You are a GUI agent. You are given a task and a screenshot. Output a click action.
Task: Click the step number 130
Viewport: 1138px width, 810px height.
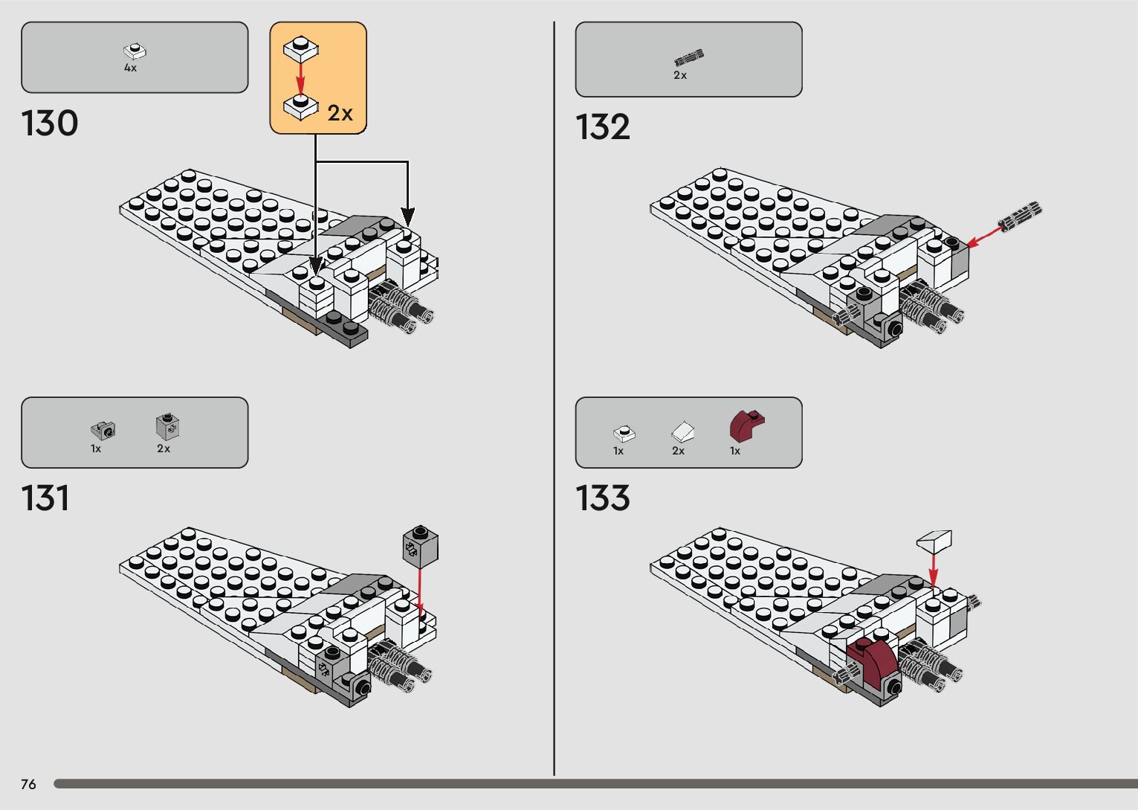coord(50,123)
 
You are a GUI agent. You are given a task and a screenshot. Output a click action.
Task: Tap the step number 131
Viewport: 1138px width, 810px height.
coord(45,498)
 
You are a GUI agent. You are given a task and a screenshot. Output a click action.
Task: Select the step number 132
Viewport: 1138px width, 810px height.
coord(603,127)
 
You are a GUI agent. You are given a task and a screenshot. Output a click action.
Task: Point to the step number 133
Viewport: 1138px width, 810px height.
coord(603,498)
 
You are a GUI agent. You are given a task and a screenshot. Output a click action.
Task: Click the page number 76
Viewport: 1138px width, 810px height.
coord(28,784)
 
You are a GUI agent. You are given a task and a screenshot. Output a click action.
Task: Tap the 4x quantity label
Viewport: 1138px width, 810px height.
coord(130,68)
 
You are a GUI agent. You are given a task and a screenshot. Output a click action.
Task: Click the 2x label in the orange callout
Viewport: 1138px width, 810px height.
coord(340,113)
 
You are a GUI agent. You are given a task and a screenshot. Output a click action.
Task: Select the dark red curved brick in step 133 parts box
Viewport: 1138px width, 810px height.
coord(746,426)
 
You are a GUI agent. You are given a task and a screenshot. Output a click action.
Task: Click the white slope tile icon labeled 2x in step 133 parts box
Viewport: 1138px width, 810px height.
coord(683,431)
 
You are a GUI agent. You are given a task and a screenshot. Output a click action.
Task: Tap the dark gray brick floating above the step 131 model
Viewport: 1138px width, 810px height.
coord(420,547)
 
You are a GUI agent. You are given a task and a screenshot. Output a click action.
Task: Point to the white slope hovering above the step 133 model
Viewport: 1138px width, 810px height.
coord(934,540)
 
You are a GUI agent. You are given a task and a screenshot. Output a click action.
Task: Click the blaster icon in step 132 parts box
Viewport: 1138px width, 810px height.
coord(688,57)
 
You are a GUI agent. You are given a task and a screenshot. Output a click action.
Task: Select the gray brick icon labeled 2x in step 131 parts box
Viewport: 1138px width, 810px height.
coord(167,427)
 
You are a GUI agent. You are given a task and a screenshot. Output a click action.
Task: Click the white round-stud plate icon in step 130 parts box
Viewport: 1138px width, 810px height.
coord(135,51)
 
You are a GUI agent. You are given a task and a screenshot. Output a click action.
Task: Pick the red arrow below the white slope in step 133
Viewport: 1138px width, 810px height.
coord(934,570)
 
